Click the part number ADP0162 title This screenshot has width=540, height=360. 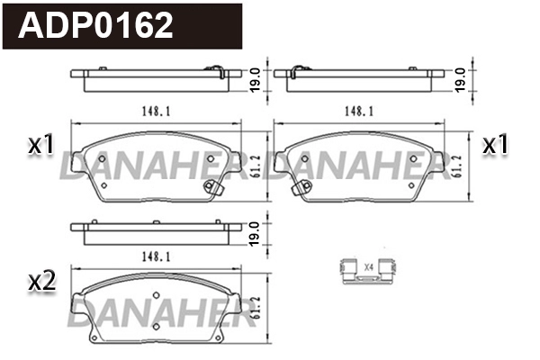coord(96,26)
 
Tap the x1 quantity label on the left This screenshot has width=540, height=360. coord(41,144)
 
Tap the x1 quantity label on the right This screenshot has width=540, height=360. coord(497,144)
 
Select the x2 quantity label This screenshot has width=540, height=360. coord(41,282)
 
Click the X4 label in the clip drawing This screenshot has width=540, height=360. coord(369,266)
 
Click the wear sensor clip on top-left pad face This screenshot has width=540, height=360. coord(214,187)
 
